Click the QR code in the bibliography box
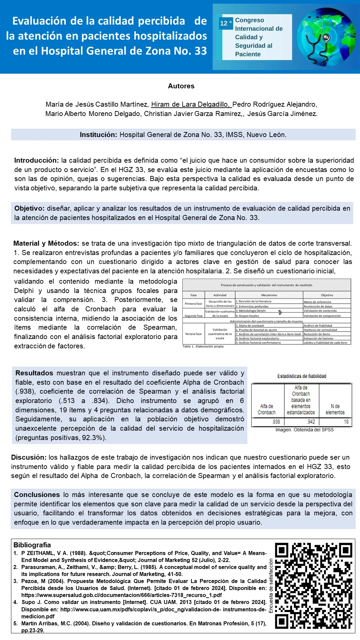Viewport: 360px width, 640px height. click(x=313, y=586)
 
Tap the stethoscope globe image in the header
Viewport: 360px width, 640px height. click(x=326, y=37)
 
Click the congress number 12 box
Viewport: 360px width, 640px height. click(x=226, y=23)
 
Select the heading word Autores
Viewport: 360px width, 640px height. click(x=181, y=86)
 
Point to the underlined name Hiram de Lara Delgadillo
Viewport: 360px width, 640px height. click(x=191, y=104)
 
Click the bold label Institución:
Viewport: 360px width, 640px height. click(x=98, y=135)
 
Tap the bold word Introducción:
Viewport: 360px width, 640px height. click(x=36, y=160)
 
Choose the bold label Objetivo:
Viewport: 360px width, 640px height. click(x=29, y=208)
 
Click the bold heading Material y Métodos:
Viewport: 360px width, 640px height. click(x=46, y=243)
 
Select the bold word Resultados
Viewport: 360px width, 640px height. click(x=34, y=373)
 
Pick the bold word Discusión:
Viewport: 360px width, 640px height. click(x=29, y=457)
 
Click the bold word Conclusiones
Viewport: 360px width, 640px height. click(x=37, y=495)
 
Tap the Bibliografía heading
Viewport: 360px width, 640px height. click(x=32, y=545)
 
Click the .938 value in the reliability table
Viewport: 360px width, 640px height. click(x=276, y=422)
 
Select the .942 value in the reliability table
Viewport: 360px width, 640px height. click(x=311, y=422)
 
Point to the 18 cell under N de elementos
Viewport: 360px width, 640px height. click(x=346, y=422)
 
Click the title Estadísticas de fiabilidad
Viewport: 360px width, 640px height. click(x=302, y=376)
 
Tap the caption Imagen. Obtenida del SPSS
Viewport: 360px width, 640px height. click(x=304, y=430)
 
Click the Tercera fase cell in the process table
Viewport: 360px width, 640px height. click(x=193, y=334)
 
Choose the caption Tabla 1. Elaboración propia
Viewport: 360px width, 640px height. click(x=203, y=347)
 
